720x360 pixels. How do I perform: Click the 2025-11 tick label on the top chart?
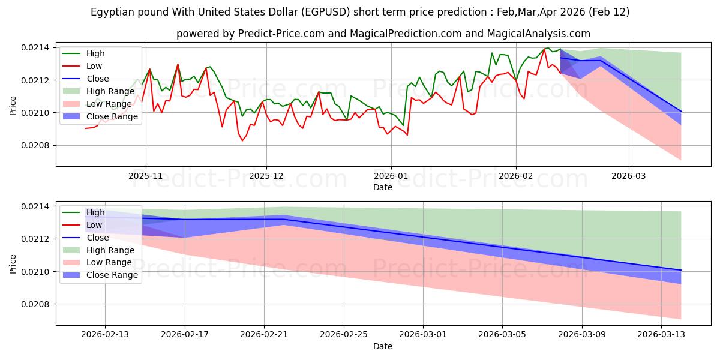click(x=145, y=176)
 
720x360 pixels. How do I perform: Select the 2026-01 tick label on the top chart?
click(x=391, y=176)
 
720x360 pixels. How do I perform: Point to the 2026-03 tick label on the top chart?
click(x=629, y=176)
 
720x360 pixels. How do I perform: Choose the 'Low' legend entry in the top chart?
click(x=94, y=66)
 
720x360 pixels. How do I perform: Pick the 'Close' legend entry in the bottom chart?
click(x=97, y=238)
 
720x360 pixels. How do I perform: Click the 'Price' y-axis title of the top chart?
click(x=13, y=104)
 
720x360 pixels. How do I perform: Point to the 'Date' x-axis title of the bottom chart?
click(x=383, y=346)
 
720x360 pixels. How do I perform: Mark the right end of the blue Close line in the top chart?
click(x=681, y=111)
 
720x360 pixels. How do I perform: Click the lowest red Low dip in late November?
click(x=242, y=140)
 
